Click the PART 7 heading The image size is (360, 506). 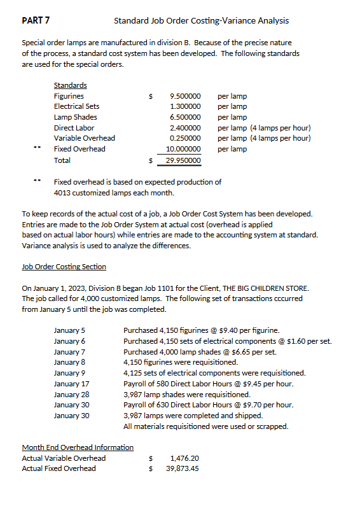coord(36,20)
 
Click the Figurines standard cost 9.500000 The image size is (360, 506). coord(186,96)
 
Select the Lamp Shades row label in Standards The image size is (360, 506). coord(74,117)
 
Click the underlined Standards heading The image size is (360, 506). coord(70,85)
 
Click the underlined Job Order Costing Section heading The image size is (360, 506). coord(64,266)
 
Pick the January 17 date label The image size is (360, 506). coord(72,384)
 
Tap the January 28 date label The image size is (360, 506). coord(72,395)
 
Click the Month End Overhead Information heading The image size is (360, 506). coord(78,447)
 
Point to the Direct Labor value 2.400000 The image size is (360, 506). coord(186,128)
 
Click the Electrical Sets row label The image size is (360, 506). coord(76,106)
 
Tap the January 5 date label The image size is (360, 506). coord(70,330)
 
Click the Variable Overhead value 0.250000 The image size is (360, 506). coord(186,138)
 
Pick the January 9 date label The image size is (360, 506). coord(70,373)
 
